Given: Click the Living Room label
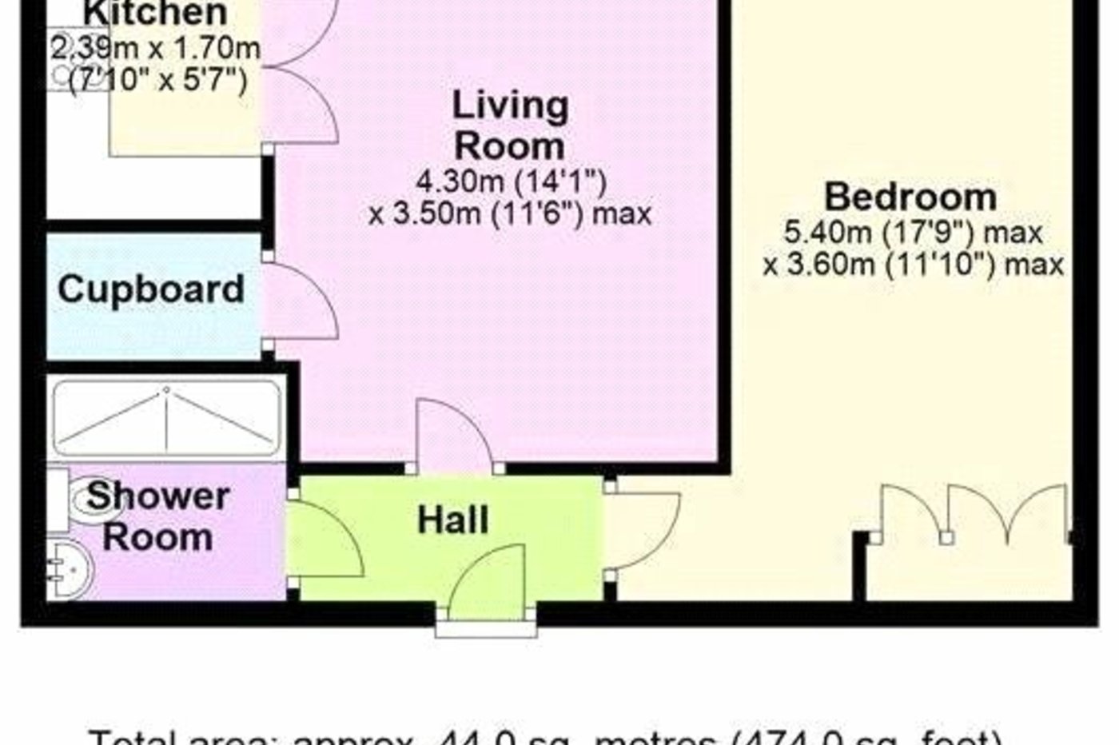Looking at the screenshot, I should tap(510, 125).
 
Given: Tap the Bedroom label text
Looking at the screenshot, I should tap(910, 197).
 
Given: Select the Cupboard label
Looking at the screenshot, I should tap(151, 289).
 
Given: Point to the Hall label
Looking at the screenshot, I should tap(452, 520).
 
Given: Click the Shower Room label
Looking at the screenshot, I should tap(157, 516).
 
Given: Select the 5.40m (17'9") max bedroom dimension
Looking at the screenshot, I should tap(913, 233).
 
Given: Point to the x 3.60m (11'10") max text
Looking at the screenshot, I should tap(913, 264).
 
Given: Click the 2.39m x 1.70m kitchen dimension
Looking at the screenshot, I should tap(156, 49).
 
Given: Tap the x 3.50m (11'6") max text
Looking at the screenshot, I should tap(510, 213).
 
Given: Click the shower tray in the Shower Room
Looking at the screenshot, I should tap(166, 419).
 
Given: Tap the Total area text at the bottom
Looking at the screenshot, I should tap(545, 736).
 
